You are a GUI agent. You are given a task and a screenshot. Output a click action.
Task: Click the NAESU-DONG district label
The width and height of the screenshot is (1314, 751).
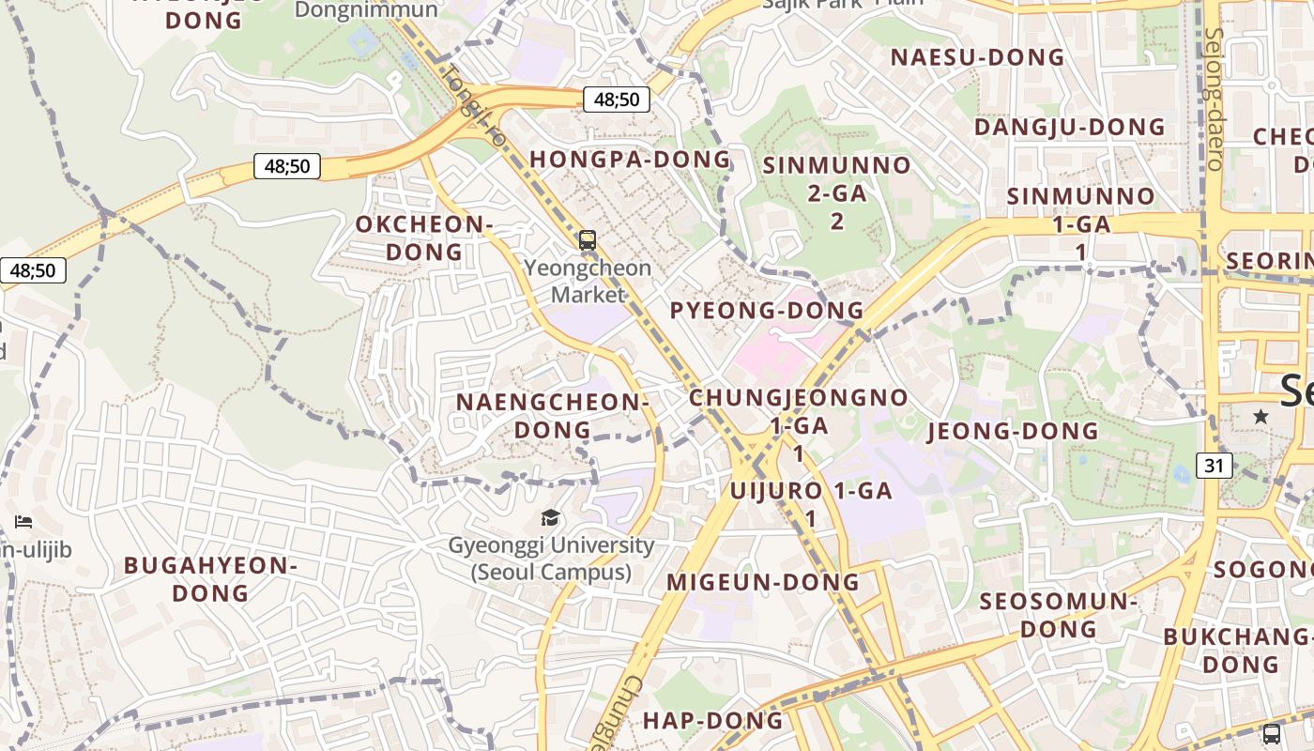[x=977, y=57]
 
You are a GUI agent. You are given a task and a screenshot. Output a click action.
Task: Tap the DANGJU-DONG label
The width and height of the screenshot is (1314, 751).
[x=1069, y=127]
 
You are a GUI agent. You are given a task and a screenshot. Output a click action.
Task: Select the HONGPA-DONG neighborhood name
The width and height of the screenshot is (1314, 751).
[x=630, y=159]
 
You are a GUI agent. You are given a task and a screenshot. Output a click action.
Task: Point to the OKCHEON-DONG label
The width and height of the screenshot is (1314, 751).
[x=424, y=238]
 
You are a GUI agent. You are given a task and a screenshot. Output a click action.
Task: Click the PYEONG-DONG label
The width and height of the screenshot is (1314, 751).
[x=767, y=310]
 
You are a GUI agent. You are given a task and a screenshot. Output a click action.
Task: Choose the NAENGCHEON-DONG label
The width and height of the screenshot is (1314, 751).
[x=553, y=415]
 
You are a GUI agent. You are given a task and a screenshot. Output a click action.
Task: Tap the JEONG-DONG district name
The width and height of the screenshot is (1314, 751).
[x=1013, y=431]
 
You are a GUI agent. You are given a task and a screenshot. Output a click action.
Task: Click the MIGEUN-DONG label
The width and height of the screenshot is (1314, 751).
[x=763, y=582]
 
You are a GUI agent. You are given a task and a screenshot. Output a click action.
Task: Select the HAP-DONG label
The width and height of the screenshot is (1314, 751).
[x=712, y=720]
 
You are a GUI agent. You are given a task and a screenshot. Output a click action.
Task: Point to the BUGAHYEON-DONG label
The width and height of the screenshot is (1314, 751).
[x=211, y=578]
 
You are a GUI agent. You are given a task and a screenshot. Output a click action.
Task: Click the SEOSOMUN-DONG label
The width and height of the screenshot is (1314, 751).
[x=1059, y=614]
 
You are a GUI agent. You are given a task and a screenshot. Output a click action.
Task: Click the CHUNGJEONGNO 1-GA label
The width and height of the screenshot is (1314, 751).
[x=799, y=410]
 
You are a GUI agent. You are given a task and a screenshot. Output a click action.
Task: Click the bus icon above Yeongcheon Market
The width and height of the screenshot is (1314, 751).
[x=588, y=240]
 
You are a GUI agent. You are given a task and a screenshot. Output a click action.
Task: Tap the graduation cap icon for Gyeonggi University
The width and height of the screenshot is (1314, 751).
[x=551, y=518]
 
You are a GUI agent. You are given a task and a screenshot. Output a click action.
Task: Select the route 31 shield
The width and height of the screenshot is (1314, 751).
[x=1215, y=465]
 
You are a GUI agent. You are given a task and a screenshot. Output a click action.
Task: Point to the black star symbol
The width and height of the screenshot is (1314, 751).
[x=1261, y=416]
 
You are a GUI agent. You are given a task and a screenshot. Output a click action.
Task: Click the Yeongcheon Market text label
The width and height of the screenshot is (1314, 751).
[x=588, y=281]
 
